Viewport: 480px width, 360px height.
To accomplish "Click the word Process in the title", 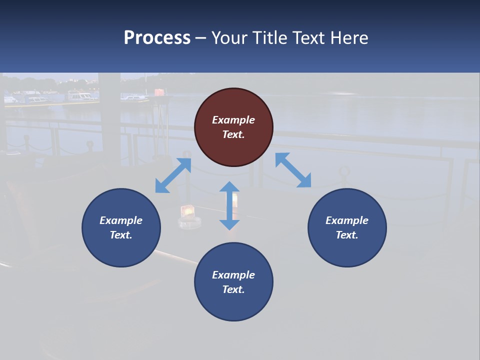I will (x=157, y=38).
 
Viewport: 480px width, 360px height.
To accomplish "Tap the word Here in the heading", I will (x=349, y=38).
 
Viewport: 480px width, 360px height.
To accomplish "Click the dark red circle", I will (x=233, y=127).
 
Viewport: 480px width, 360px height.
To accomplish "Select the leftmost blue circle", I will (x=121, y=227).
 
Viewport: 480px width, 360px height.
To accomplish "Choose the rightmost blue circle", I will (x=347, y=227).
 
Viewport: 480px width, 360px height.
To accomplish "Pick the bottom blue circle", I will (x=233, y=282).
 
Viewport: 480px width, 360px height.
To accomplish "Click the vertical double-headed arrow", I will (x=229, y=205).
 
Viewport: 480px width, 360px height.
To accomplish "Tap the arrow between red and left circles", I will (x=173, y=175).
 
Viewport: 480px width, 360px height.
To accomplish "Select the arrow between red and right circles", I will (x=293, y=170).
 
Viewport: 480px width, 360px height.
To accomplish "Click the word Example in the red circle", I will (x=233, y=120).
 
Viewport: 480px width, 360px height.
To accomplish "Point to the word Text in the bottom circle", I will (x=233, y=289).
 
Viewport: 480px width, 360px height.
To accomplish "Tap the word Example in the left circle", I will (x=121, y=220).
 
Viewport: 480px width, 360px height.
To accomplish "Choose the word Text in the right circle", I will (x=347, y=235).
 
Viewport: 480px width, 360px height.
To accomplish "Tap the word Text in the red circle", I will (x=233, y=134).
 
